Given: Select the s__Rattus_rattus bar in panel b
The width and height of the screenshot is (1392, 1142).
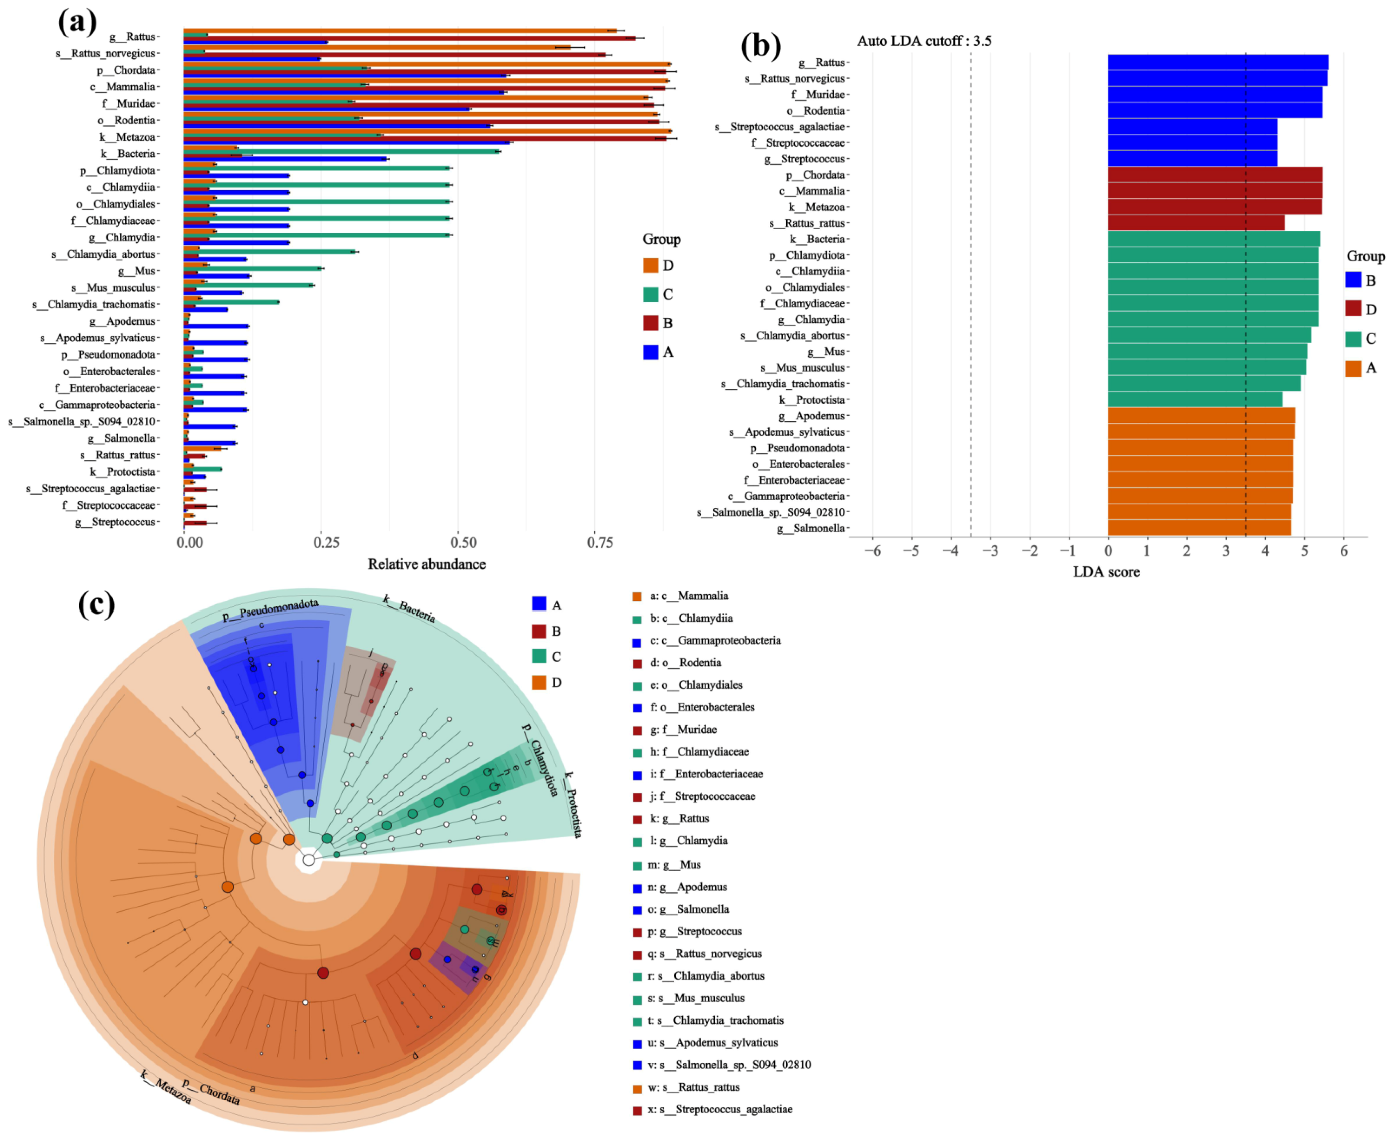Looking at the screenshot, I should tap(1195, 223).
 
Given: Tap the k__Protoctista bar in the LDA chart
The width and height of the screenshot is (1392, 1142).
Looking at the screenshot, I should tap(1194, 399).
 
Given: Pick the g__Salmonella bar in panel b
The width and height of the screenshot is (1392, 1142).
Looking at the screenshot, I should tap(1199, 528).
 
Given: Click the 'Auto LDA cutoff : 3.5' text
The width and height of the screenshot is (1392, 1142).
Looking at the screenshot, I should tap(924, 41).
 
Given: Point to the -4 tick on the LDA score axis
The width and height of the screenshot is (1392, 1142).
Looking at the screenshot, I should tap(951, 550).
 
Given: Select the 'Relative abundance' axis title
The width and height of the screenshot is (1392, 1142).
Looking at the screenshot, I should tap(426, 564).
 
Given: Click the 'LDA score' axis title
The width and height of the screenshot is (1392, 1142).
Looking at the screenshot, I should tap(1106, 572).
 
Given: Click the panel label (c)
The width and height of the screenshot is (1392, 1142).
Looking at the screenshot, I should tap(96, 604).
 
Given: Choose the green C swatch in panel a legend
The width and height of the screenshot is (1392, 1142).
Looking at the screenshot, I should tap(650, 294).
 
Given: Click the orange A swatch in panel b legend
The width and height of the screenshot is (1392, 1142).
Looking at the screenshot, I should tap(1353, 368).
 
